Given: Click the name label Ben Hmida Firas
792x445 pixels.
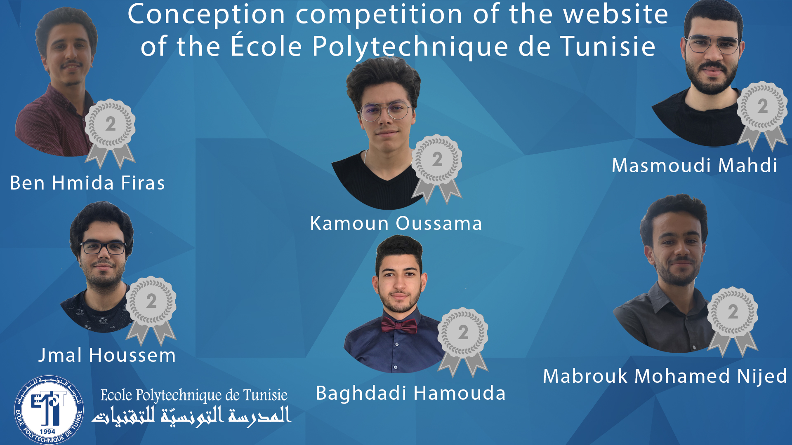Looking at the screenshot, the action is [x=87, y=183].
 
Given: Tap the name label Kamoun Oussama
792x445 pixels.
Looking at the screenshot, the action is [x=396, y=223].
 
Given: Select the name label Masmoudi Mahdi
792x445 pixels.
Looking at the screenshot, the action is [x=694, y=166].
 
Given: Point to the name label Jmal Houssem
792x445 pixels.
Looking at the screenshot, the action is [x=107, y=355].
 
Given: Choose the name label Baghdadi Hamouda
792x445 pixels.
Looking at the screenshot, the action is [x=410, y=393].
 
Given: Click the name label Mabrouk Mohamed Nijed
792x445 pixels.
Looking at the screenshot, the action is [x=665, y=376].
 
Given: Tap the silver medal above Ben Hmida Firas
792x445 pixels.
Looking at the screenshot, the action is [x=110, y=133].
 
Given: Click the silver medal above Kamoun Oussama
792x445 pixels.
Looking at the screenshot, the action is [x=437, y=169].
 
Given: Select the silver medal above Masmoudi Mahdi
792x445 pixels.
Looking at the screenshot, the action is [x=762, y=115].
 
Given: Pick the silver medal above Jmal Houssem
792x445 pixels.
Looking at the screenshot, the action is [x=151, y=310].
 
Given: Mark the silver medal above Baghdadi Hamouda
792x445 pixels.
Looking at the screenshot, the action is [x=463, y=342].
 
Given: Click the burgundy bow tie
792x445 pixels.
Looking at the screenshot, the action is [x=399, y=325].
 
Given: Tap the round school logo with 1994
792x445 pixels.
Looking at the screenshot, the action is [x=49, y=410].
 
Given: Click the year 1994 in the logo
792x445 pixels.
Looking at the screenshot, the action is [x=47, y=431].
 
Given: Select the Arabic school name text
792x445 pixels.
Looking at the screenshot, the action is [x=191, y=416].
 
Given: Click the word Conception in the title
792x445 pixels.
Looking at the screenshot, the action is [x=207, y=15].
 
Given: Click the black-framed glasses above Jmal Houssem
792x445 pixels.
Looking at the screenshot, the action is [x=104, y=248].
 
